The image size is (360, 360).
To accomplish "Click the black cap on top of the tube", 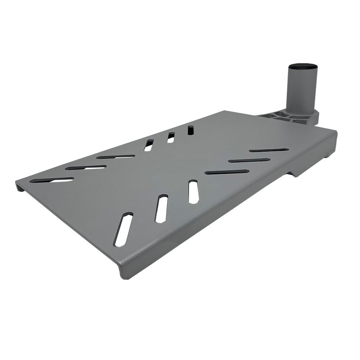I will click(x=302, y=67).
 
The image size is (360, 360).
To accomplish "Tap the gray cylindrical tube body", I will click(x=302, y=90).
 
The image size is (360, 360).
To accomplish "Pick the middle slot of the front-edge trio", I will click(x=161, y=208).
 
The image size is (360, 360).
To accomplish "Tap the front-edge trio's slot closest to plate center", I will click(x=194, y=192).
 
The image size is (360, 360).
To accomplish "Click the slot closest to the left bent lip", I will click(x=51, y=179).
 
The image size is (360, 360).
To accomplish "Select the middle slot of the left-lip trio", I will click(x=86, y=167).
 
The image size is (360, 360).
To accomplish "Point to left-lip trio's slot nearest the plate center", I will click(x=116, y=157).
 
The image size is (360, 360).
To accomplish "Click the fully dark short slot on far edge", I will click(x=190, y=130).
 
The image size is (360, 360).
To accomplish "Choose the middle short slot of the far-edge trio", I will click(x=171, y=138).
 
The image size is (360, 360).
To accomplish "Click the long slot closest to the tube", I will click(x=269, y=149).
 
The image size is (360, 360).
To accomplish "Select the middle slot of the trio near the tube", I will click(x=249, y=160).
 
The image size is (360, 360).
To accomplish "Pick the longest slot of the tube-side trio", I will click(x=227, y=172).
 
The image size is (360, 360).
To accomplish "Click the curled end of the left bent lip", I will click(x=19, y=186).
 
